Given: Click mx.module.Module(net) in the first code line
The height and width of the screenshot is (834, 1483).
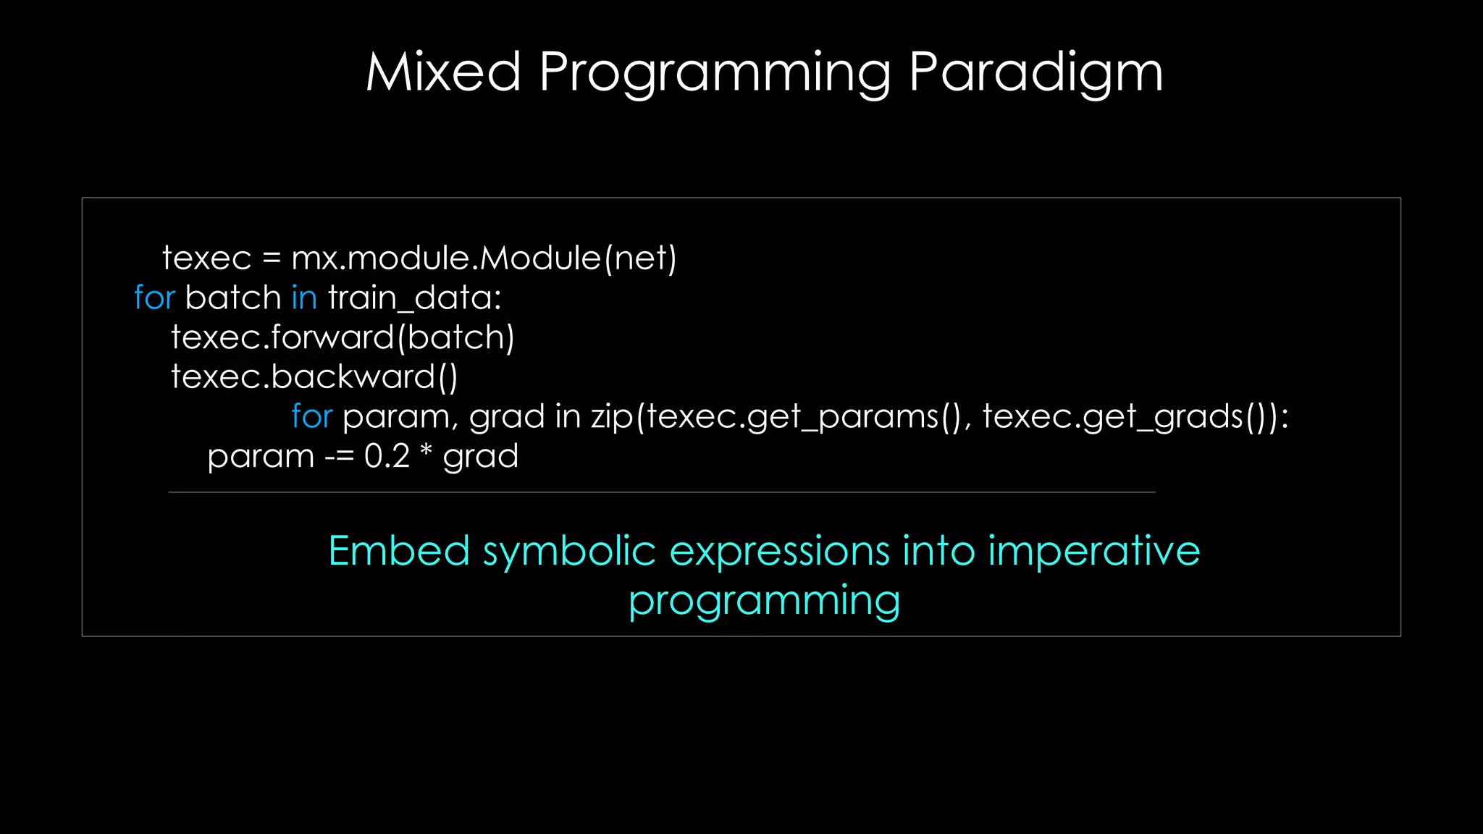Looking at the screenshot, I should [x=484, y=258].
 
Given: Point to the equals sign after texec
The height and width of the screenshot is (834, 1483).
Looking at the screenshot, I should [x=271, y=258].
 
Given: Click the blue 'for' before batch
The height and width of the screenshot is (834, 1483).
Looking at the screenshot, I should [x=154, y=298].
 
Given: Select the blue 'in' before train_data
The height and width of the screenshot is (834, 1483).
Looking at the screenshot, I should [x=304, y=298].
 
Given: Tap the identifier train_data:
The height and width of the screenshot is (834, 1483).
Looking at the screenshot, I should [x=414, y=298].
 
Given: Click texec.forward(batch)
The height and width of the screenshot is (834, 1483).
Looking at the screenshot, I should [x=343, y=337].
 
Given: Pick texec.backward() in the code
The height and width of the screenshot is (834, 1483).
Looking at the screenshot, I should [x=314, y=376].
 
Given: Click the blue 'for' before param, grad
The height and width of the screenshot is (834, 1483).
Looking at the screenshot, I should [x=311, y=416].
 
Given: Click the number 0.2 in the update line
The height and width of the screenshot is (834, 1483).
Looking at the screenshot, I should [x=387, y=456].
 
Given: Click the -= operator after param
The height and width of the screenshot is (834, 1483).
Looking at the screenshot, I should [x=339, y=457].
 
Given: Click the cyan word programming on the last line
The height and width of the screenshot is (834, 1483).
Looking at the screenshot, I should [x=764, y=601].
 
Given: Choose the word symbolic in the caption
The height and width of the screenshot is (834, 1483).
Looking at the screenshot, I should [x=569, y=552].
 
